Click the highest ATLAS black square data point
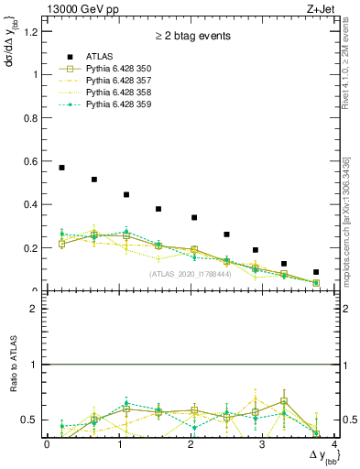tap(61, 168)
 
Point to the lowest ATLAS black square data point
tap(316, 272)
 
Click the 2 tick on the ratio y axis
tap(37, 309)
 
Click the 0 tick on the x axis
tap(47, 444)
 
